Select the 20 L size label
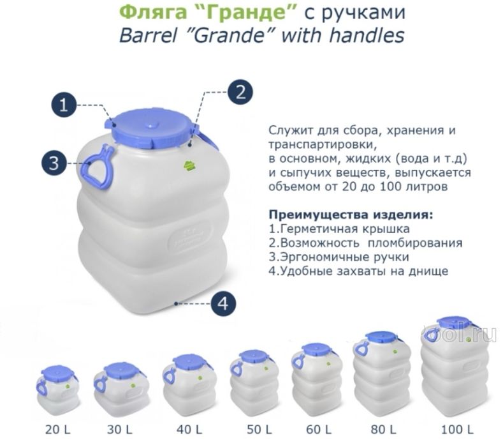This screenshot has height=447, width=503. tap(58, 428)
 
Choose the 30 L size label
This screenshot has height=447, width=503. tap(120, 428)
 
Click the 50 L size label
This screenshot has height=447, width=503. tap(252, 428)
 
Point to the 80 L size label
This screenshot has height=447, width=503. tap(383, 428)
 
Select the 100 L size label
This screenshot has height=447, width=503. tap(456, 428)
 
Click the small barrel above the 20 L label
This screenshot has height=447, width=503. tap(58, 390)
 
